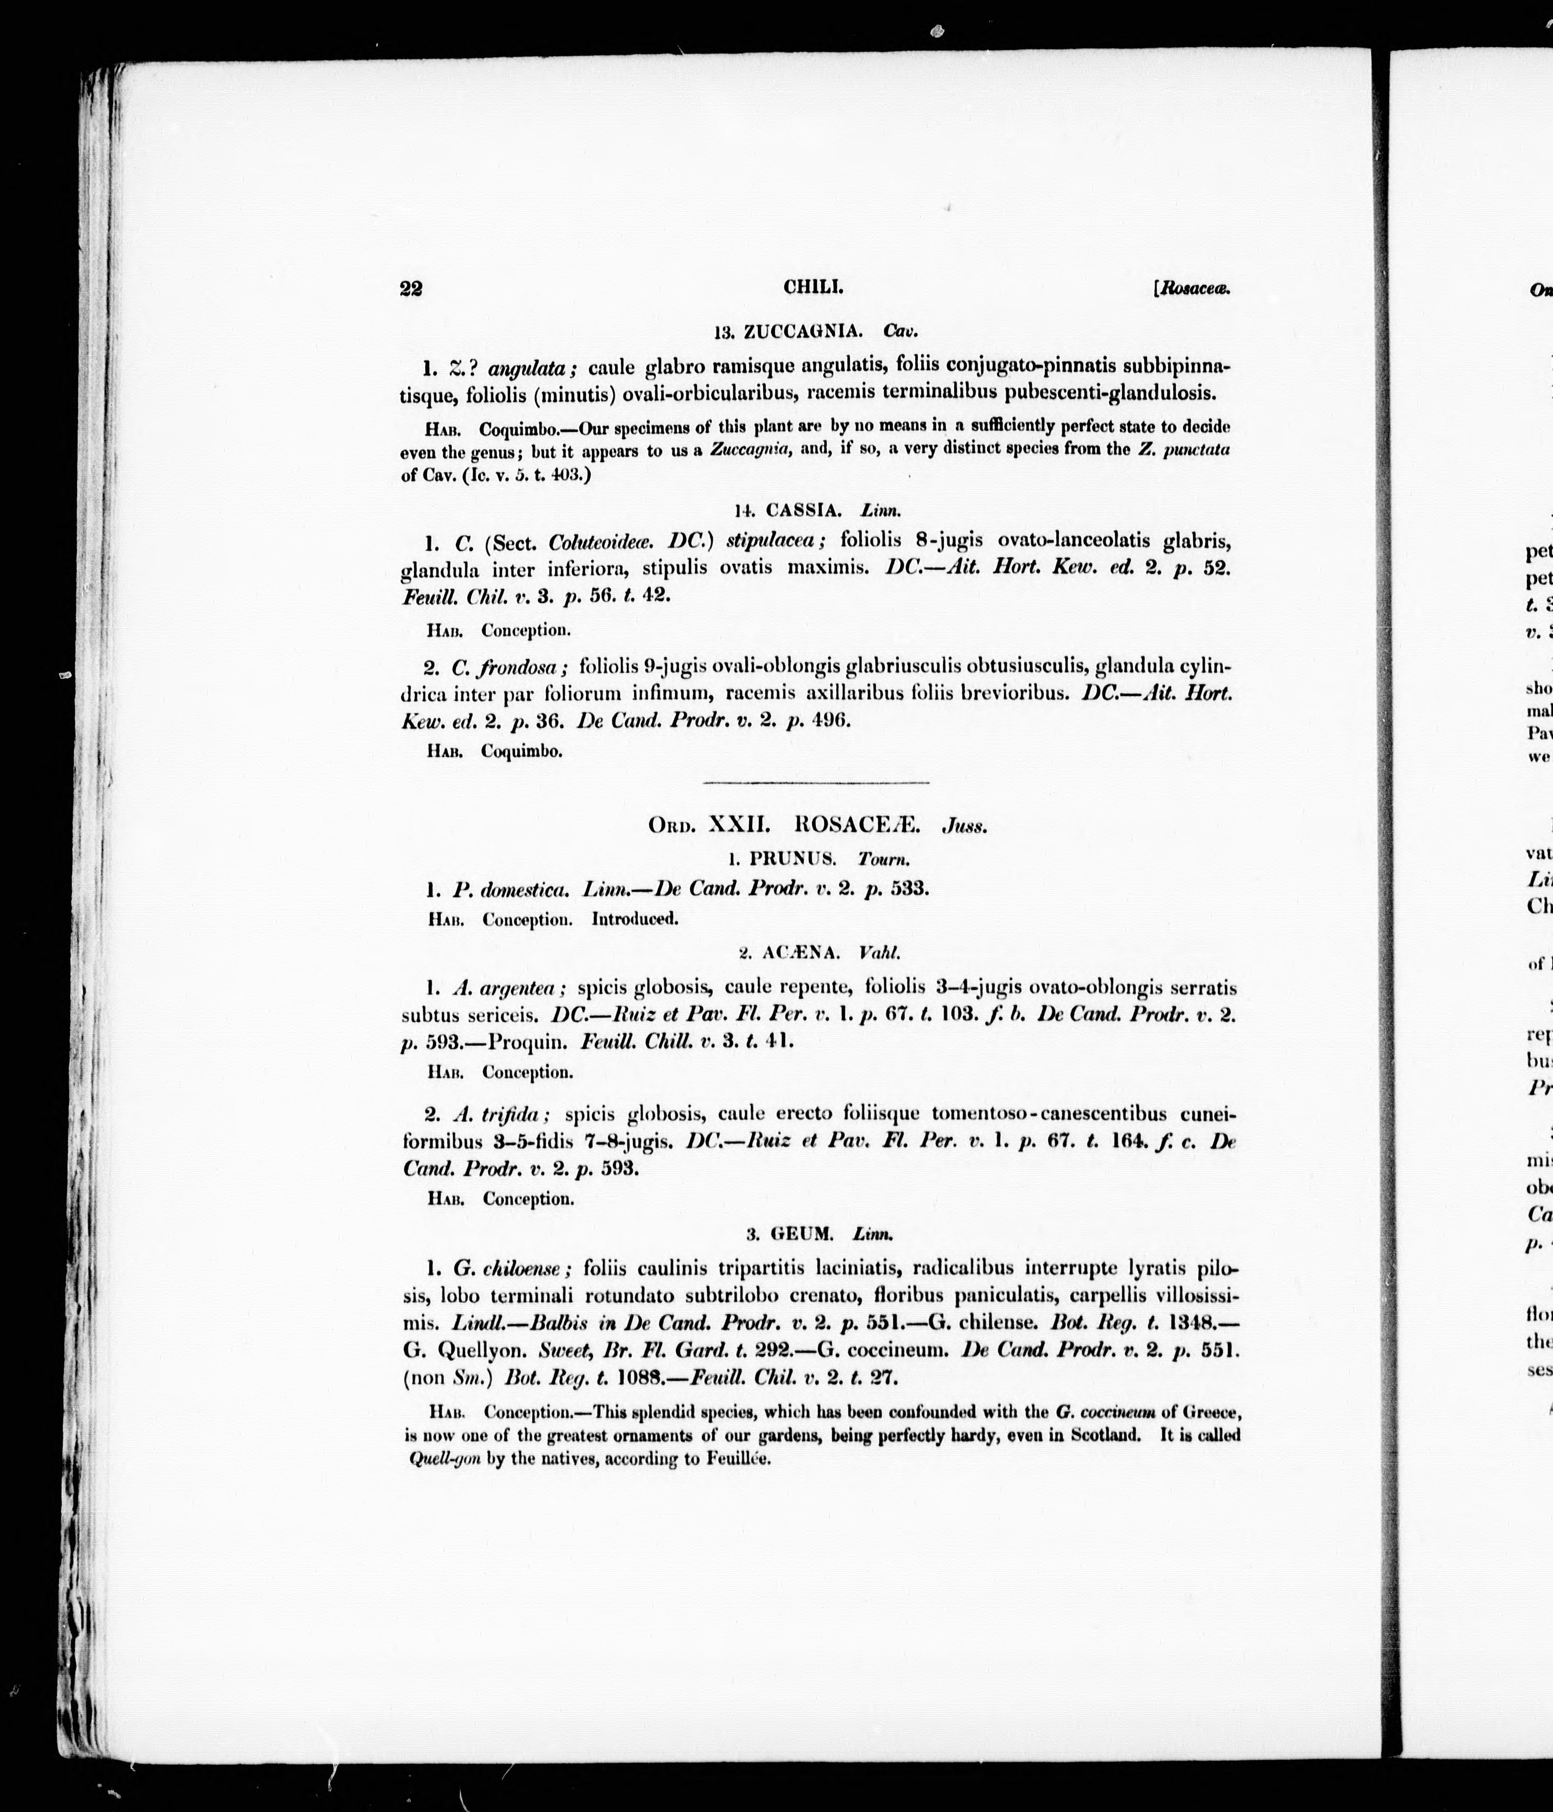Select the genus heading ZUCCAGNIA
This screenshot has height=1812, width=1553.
[803, 332]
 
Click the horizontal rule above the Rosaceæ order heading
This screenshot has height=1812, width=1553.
[815, 782]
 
